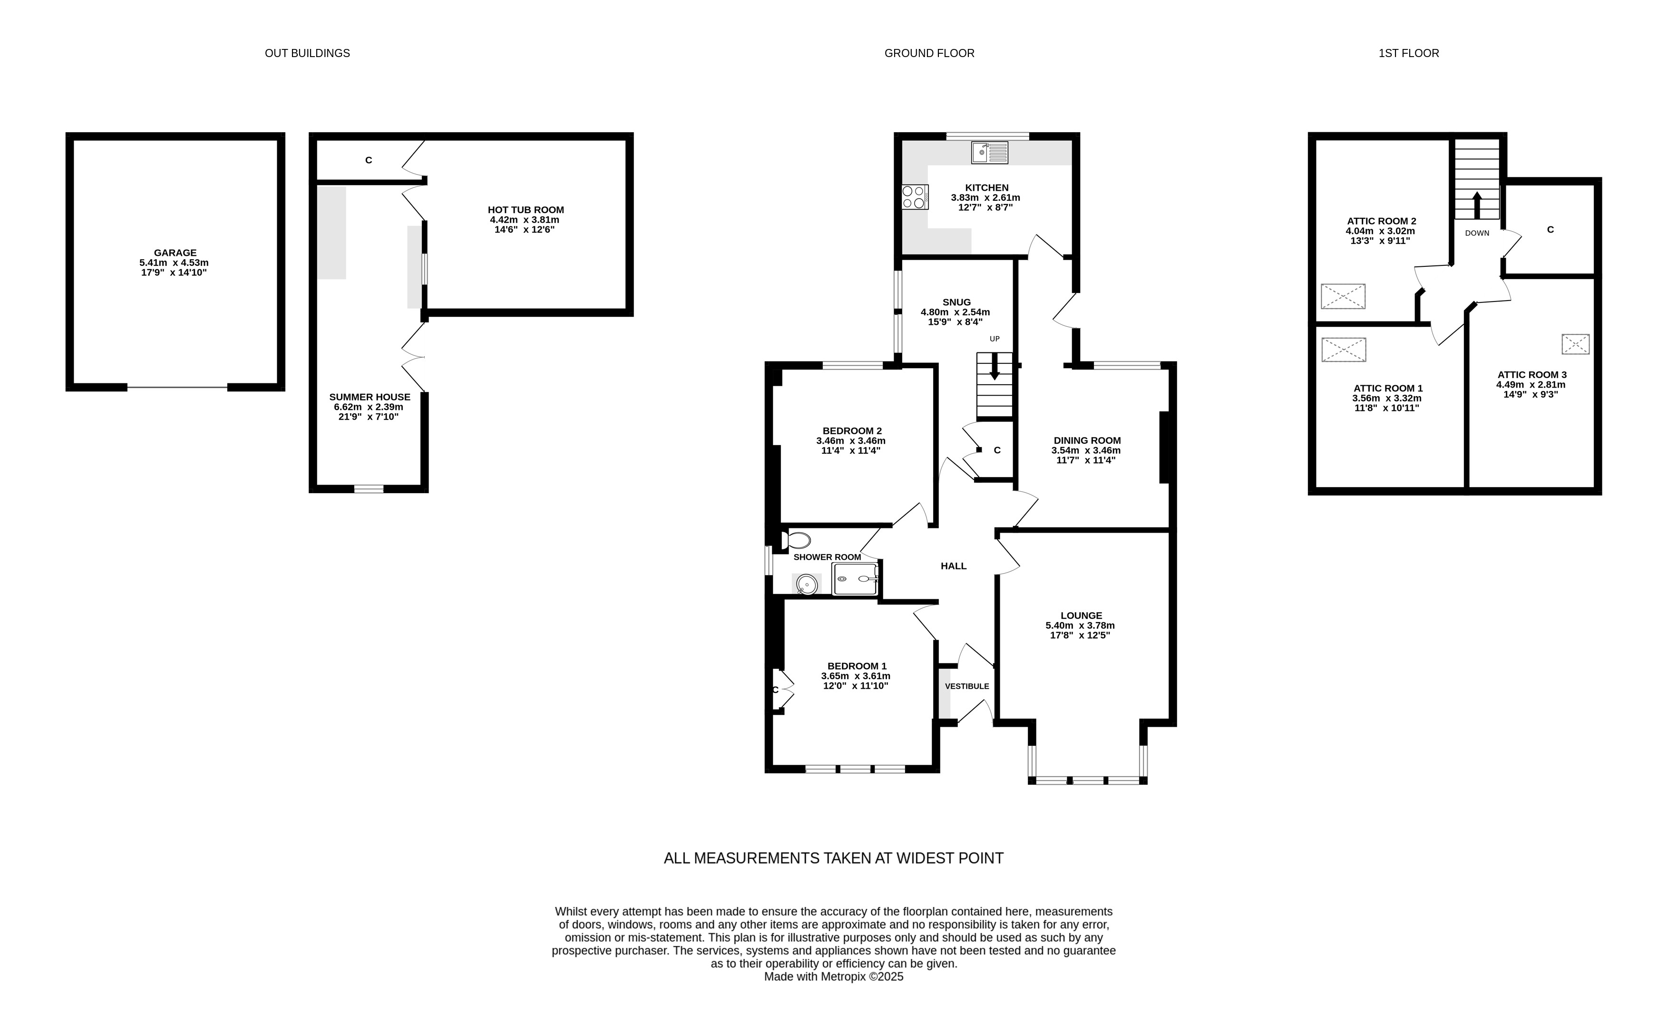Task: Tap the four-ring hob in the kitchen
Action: [x=915, y=197]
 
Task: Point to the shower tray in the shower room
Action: [x=855, y=579]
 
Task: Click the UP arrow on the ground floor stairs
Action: [x=995, y=366]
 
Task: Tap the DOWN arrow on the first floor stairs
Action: [x=1477, y=205]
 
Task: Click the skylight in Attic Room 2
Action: [x=1343, y=296]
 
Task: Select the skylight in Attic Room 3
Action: [x=1576, y=344]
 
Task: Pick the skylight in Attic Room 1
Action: [x=1344, y=350]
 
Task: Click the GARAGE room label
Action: [x=175, y=253]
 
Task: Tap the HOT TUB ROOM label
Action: [x=526, y=210]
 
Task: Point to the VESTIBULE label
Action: [x=967, y=686]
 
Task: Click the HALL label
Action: [x=954, y=565]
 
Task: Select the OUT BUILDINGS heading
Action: [x=307, y=53]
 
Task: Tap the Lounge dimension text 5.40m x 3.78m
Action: [x=1080, y=625]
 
